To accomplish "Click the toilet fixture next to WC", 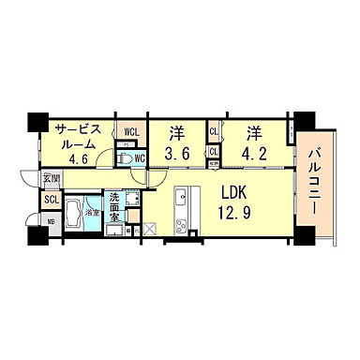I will (x=123, y=158).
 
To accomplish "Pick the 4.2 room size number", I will (x=252, y=153).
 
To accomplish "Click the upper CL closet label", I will (x=215, y=133).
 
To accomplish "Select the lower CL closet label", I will (x=215, y=150).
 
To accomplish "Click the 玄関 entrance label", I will (x=50, y=178).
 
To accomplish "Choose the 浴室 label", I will (x=93, y=214).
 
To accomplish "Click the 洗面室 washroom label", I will (x=113, y=205).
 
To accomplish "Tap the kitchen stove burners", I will (x=182, y=223).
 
